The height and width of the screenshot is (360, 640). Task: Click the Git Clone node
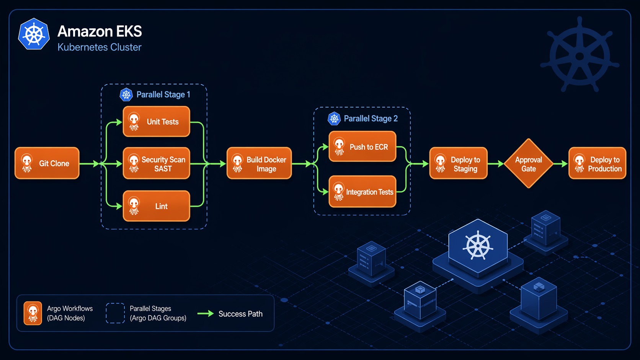tap(47, 163)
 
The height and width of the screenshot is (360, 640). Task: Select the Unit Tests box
tap(157, 122)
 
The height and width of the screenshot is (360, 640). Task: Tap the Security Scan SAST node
tap(157, 164)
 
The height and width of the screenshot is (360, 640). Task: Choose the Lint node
tap(157, 206)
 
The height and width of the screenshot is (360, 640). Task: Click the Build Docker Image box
tap(259, 164)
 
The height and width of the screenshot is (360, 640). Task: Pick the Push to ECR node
tap(362, 147)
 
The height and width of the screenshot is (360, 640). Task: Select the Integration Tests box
tap(362, 192)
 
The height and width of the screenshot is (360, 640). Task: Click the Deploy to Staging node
tap(458, 164)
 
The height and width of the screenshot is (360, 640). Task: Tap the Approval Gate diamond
tap(528, 164)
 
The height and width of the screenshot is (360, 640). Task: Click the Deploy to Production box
tap(597, 164)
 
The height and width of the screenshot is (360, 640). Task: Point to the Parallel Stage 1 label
tap(163, 94)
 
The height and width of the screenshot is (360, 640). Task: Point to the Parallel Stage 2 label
tap(370, 119)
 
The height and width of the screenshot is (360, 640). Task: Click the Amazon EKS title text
tap(100, 31)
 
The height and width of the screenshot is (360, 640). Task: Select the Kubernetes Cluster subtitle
tap(100, 47)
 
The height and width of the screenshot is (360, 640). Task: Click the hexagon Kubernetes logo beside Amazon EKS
tap(34, 34)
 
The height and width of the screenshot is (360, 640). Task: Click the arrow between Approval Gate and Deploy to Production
tap(560, 164)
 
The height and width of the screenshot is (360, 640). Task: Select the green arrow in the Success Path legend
tap(206, 314)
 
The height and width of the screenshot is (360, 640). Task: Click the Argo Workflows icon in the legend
tap(33, 313)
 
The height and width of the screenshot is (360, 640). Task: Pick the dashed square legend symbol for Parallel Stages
tap(115, 313)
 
